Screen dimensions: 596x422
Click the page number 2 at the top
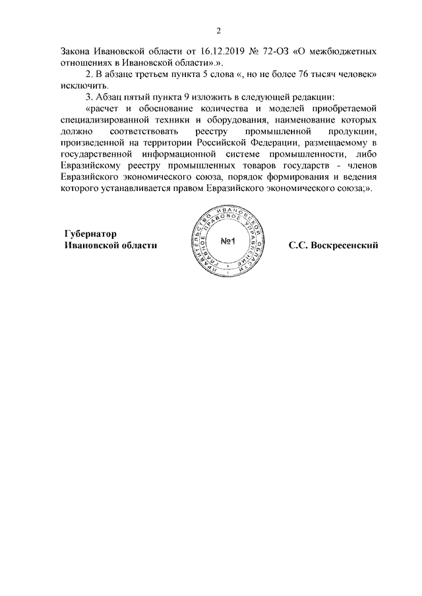click(218, 30)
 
